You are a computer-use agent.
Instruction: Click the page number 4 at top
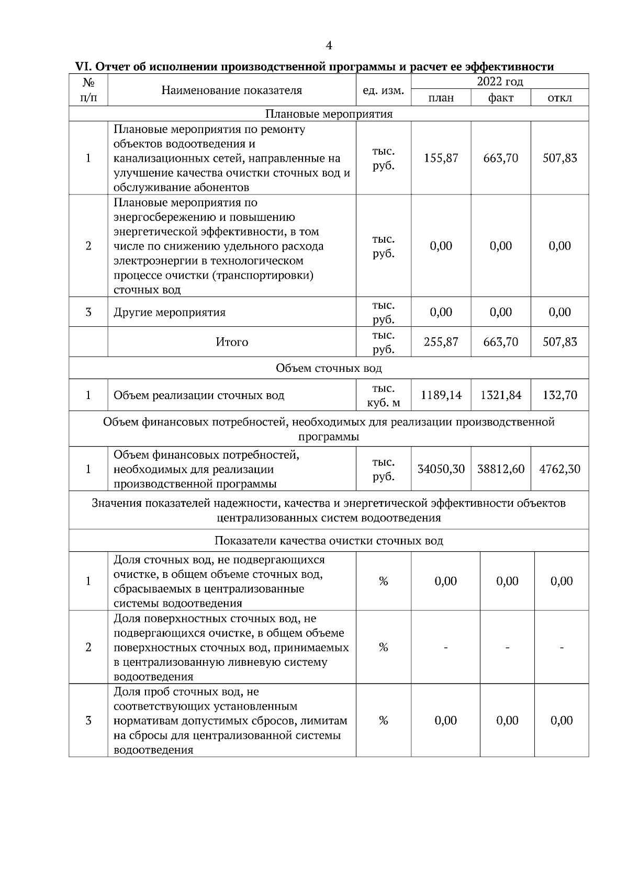(x=329, y=45)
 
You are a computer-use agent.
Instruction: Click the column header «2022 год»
(x=500, y=82)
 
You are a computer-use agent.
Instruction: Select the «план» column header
(x=441, y=98)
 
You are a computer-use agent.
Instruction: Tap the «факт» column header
(x=501, y=98)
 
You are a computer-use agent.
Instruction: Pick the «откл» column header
(x=559, y=98)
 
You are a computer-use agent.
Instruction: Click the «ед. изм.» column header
(x=383, y=90)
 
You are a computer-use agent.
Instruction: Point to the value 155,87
(x=441, y=158)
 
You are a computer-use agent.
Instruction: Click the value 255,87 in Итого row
(x=441, y=342)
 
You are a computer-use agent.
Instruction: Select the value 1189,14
(x=441, y=395)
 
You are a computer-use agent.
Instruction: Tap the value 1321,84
(x=501, y=395)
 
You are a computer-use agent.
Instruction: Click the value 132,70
(x=559, y=395)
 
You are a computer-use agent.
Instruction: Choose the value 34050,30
(x=441, y=469)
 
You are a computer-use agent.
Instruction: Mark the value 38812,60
(x=501, y=469)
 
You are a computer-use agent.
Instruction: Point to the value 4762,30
(x=559, y=469)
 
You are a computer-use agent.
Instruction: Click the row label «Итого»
(x=232, y=342)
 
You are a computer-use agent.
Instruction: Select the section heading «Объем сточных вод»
(x=329, y=368)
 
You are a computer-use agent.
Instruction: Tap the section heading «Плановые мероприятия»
(x=329, y=114)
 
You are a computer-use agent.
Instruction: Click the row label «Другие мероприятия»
(x=170, y=313)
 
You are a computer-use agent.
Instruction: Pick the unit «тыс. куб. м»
(x=383, y=395)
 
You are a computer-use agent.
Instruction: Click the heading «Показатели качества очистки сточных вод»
(x=329, y=541)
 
